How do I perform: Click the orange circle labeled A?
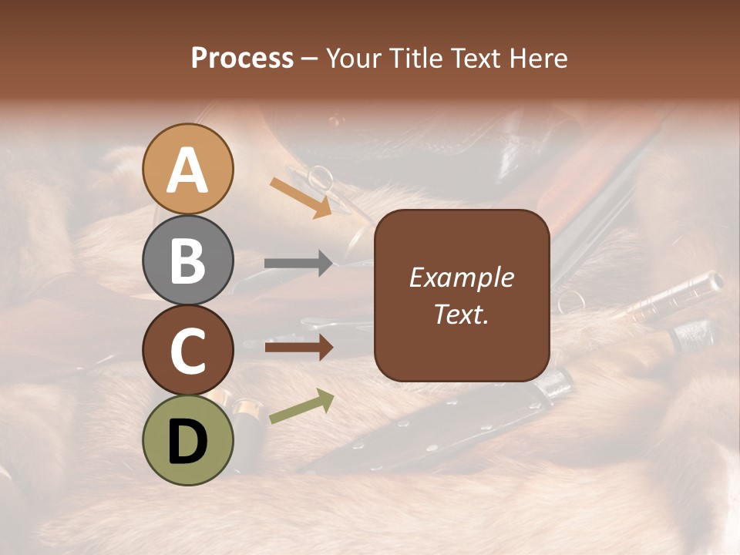click(188, 169)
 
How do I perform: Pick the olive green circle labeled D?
click(188, 440)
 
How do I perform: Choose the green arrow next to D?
click(301, 407)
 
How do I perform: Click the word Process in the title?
click(242, 58)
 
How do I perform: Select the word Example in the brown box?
click(461, 277)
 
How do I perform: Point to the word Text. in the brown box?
click(461, 314)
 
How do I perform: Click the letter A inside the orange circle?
click(188, 170)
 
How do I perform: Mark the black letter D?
click(188, 442)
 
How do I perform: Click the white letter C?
click(188, 351)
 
